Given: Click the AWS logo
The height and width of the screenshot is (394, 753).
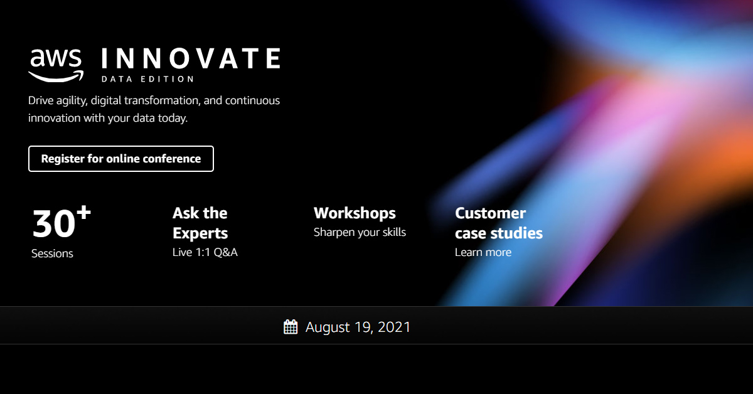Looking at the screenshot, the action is click(56, 65).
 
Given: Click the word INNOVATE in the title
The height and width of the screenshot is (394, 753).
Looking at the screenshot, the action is click(191, 58).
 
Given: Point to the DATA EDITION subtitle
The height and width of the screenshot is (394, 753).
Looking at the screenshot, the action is click(147, 79).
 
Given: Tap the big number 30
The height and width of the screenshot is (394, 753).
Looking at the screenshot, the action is click(54, 223).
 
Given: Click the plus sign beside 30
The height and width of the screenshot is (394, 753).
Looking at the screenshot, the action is click(83, 213).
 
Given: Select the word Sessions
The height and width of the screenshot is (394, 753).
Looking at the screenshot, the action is click(52, 253).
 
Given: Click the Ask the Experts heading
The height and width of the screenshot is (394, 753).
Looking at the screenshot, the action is click(200, 223).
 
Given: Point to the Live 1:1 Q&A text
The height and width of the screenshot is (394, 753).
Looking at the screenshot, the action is click(205, 252).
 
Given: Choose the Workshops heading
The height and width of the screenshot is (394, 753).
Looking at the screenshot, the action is click(355, 213).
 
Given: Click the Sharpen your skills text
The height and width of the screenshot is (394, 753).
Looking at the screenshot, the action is click(360, 232).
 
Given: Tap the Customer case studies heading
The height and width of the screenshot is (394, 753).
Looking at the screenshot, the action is click(498, 223).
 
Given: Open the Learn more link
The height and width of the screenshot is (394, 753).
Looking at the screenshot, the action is click(483, 252).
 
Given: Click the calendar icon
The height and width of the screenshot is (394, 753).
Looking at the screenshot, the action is click(291, 327).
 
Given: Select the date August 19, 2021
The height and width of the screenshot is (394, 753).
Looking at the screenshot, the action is click(358, 327).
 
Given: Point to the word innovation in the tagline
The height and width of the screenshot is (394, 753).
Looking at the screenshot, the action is click(55, 118).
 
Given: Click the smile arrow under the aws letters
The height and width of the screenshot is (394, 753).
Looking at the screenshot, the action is click(56, 77).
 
